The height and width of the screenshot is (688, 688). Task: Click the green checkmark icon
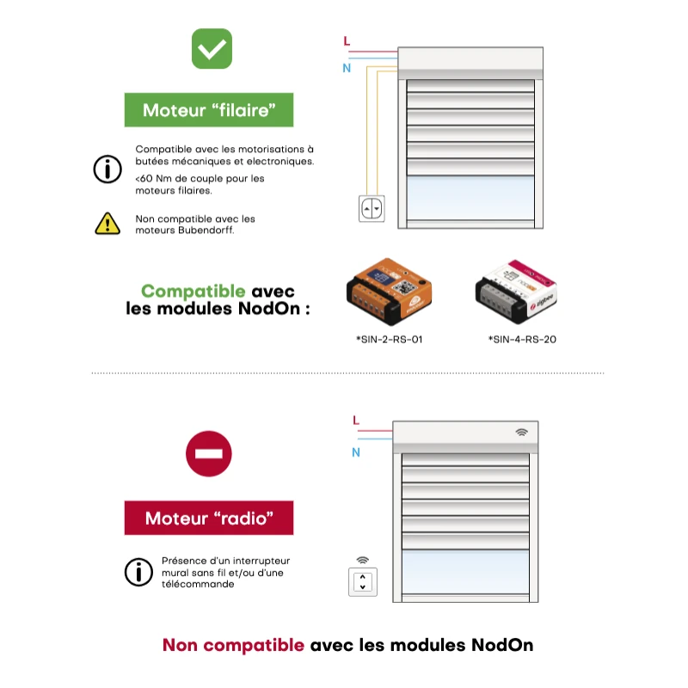coord(212,49)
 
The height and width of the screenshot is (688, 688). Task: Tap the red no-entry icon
coord(209,454)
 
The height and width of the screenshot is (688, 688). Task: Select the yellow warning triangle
coord(107,224)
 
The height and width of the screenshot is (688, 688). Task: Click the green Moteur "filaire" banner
coord(209,110)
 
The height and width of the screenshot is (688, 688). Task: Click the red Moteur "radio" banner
coord(209,518)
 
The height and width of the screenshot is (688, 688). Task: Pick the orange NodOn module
coord(389,291)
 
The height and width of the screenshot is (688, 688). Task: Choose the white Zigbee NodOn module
coord(516,292)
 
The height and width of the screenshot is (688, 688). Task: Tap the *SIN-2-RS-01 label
coord(390,339)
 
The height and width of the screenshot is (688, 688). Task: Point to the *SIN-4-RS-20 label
coord(522,339)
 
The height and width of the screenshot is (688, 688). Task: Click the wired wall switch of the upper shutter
coord(372,208)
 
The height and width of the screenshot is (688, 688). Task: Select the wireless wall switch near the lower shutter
coord(363,582)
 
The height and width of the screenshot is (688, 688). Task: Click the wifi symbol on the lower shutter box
coord(521,433)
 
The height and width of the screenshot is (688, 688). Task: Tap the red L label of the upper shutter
coord(347,41)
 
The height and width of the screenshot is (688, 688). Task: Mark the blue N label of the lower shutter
coord(356,452)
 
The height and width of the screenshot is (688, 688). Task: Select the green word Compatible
coord(193,292)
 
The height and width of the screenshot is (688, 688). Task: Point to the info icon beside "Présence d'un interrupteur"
coord(138,572)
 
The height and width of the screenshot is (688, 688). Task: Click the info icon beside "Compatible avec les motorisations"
coord(107,169)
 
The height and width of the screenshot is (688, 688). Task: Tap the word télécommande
coord(198,584)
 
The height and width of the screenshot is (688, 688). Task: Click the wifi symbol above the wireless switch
coord(362,561)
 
